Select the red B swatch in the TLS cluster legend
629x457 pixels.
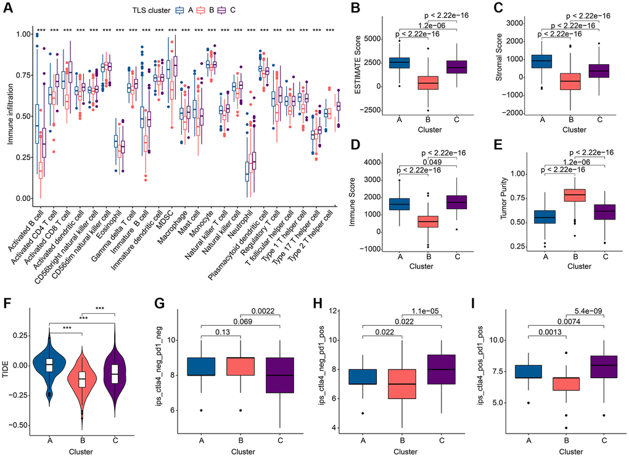(x=204, y=10)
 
